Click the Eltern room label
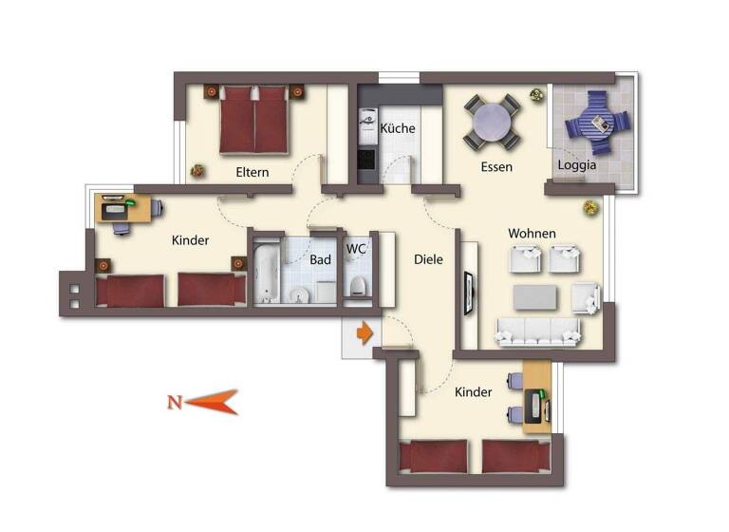tap(252, 172)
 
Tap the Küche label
tap(398, 129)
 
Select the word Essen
tap(496, 167)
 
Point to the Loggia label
tap(577, 164)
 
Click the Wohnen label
tap(532, 234)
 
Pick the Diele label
tap(429, 258)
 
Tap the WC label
tap(357, 249)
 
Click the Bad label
tap(320, 258)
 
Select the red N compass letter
tap(174, 402)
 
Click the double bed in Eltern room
tap(253, 120)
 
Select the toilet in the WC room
tap(358, 287)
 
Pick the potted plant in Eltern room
tap(197, 171)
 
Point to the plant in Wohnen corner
tap(589, 206)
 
